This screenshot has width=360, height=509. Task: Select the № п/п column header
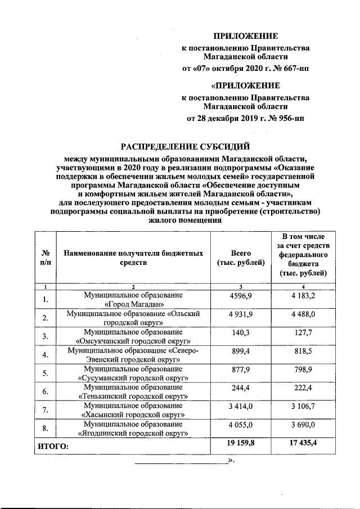click(x=46, y=258)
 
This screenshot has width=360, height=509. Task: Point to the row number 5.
click(x=46, y=373)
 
